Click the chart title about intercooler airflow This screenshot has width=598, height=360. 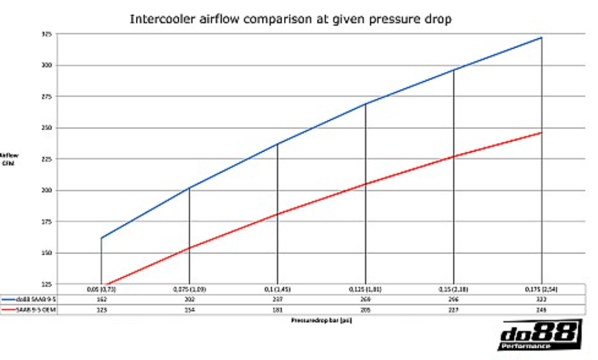pos(290,19)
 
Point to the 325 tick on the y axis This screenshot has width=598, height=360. pos(47,34)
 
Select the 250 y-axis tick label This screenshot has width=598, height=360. pos(47,128)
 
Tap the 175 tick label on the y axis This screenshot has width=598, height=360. pos(47,222)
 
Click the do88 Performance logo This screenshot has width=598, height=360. pos(540,336)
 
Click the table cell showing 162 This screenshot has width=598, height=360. pos(102,299)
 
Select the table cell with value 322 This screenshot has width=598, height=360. pos(541,299)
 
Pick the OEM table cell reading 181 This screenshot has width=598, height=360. pos(278,310)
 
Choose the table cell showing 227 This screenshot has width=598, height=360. pos(453,310)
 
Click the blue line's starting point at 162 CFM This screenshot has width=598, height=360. pos(102,238)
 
